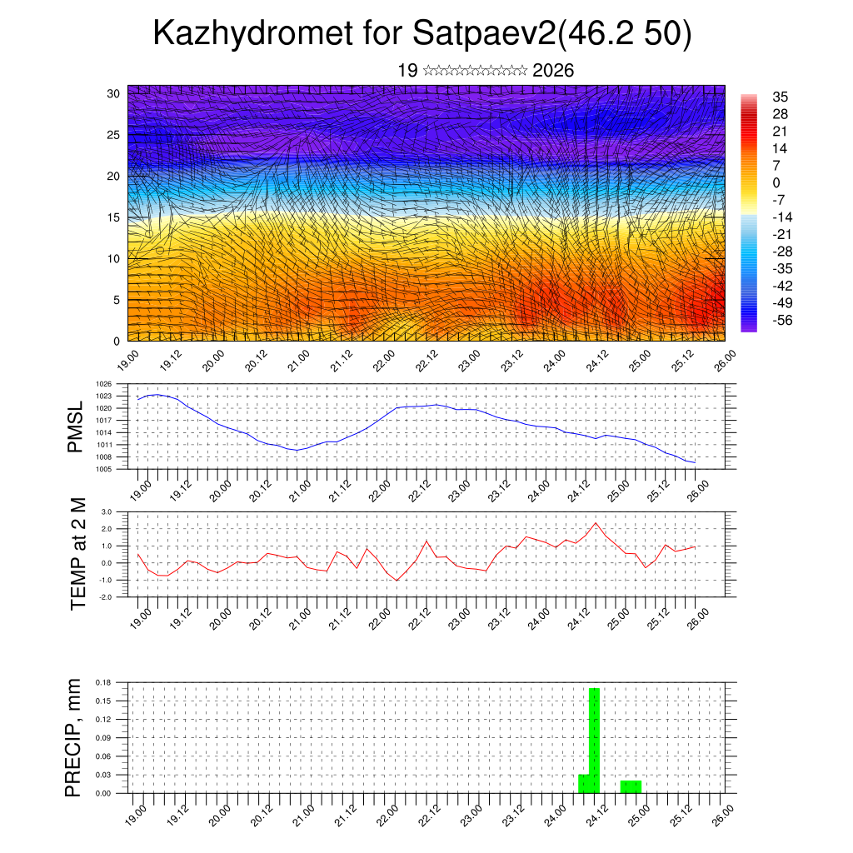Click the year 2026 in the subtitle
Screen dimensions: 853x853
pos(553,71)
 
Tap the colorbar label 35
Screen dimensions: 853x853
pos(781,97)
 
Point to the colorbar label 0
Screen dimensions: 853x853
pos(777,182)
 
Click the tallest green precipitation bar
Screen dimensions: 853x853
pos(595,740)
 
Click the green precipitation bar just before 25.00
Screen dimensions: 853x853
pos(631,786)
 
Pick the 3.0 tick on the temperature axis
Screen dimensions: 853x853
pos(107,511)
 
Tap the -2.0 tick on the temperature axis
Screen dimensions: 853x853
pos(106,597)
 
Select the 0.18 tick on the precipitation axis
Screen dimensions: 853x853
pos(103,682)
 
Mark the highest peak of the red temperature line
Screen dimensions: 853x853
pos(596,523)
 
